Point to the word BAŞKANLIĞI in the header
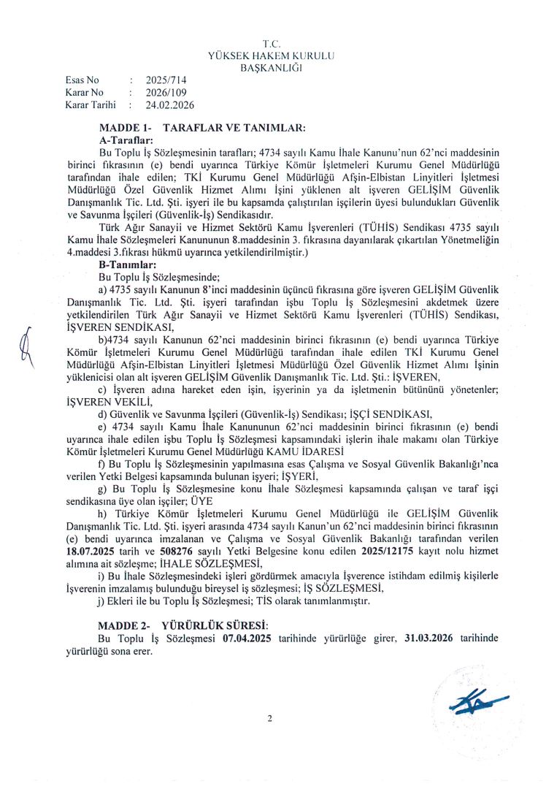pos(272,68)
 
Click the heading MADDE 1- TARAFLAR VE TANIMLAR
pos(201,127)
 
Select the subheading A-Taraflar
pos(125,139)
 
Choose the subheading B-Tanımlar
pos(126,265)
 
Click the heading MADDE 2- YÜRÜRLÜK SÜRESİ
pos(183,626)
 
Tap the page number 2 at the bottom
pos(269,718)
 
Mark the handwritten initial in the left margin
pos(29,343)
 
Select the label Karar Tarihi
pos(91,104)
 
